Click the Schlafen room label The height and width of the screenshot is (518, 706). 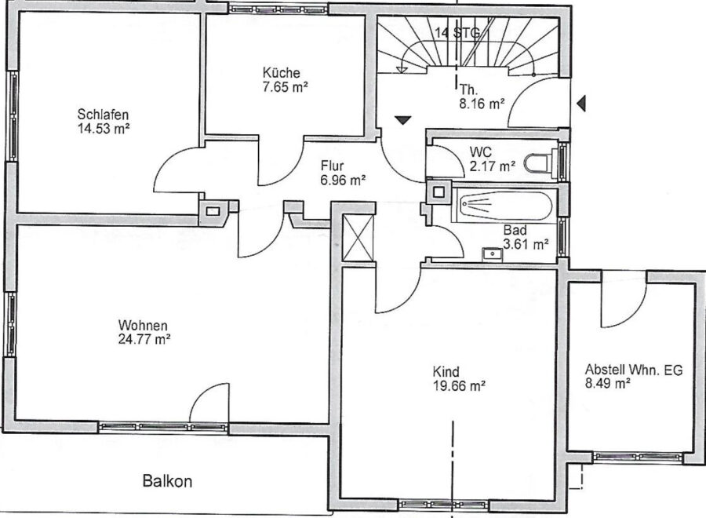[x=103, y=115]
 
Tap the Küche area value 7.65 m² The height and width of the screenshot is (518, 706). [x=285, y=87]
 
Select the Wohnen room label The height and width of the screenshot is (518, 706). [x=143, y=325]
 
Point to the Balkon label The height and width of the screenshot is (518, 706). [x=168, y=481]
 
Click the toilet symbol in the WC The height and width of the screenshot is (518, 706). [x=537, y=162]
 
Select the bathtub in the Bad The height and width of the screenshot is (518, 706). [x=504, y=206]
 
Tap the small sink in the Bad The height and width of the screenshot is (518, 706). [x=493, y=254]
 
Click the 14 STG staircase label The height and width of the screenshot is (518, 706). [x=457, y=32]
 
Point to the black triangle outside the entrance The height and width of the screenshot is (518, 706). [x=581, y=104]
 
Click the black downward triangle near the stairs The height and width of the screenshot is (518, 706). [x=403, y=120]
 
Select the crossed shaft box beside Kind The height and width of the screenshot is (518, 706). [x=358, y=238]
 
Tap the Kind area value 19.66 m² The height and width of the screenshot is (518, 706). [x=459, y=386]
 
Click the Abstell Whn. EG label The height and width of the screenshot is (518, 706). [x=634, y=370]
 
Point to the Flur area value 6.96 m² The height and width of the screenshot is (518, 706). [x=343, y=181]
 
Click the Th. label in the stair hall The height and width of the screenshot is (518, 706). [x=468, y=89]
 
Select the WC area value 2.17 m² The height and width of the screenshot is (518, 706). [x=492, y=166]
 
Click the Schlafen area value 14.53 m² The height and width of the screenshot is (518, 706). [x=104, y=129]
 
